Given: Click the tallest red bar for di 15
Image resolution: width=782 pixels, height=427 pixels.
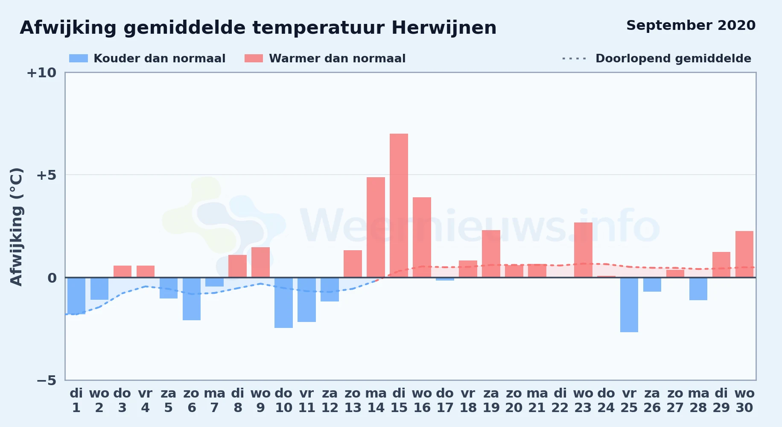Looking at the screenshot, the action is pyautogui.click(x=399, y=205).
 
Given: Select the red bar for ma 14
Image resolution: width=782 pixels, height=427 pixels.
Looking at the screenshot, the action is pyautogui.click(x=376, y=227).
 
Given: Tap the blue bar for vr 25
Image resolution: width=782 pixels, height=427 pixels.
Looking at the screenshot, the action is pyautogui.click(x=629, y=305).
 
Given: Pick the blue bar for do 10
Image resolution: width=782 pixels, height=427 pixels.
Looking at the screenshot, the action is pyautogui.click(x=283, y=303).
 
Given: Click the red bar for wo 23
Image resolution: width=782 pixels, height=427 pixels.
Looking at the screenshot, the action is pyautogui.click(x=583, y=250).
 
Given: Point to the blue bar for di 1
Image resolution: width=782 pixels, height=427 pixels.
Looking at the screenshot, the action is pyautogui.click(x=76, y=296).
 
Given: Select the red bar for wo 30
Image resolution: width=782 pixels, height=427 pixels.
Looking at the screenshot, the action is pyautogui.click(x=744, y=254).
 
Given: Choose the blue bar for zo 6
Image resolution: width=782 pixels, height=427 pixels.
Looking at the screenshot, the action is pyautogui.click(x=192, y=299).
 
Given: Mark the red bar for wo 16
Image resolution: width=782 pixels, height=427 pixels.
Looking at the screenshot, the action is pyautogui.click(x=422, y=237).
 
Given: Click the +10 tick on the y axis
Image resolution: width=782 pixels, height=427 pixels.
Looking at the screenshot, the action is pyautogui.click(x=41, y=73).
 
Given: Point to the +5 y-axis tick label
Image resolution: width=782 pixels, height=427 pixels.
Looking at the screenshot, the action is pyautogui.click(x=46, y=175).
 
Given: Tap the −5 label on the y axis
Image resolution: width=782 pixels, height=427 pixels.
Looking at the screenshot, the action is pyautogui.click(x=46, y=380).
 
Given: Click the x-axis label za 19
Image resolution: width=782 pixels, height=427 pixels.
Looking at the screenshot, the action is pyautogui.click(x=491, y=401).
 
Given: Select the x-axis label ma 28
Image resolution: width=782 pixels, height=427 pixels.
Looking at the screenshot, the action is pyautogui.click(x=698, y=401).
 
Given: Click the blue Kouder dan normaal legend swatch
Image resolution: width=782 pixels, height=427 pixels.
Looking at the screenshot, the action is pyautogui.click(x=79, y=58).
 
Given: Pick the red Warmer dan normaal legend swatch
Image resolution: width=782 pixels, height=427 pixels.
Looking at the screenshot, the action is pyautogui.click(x=254, y=58).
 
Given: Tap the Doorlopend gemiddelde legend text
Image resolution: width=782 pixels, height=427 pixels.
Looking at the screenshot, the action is pyautogui.click(x=673, y=58).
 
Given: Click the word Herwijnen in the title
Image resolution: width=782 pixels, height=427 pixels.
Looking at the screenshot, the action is pyautogui.click(x=444, y=28).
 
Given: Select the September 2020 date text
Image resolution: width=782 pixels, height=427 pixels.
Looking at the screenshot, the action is pyautogui.click(x=691, y=26).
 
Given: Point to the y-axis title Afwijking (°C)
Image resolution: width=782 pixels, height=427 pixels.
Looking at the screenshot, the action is pyautogui.click(x=16, y=227).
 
